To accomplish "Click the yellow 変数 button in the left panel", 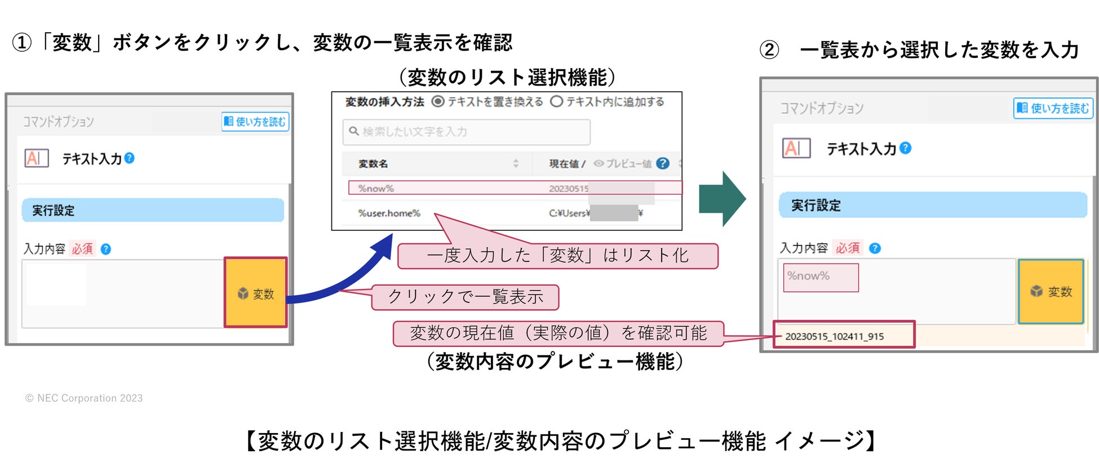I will [256, 293].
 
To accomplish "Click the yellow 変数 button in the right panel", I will [1051, 291].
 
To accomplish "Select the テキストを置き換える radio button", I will [438, 102].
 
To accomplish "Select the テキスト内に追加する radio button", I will [557, 102].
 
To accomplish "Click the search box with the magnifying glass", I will [466, 132].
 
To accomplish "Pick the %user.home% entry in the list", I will [389, 213].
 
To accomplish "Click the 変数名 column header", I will [374, 164].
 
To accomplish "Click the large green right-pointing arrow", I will [722, 199].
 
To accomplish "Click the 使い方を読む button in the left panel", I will [255, 122].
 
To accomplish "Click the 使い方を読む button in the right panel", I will [1053, 108].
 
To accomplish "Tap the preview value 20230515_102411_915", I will [835, 336].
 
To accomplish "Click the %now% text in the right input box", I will [809, 276].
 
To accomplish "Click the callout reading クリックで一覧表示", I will [466, 297].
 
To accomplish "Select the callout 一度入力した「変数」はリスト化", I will [557, 256].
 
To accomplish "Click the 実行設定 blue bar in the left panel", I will [153, 211].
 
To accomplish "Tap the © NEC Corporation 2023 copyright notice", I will [84, 398].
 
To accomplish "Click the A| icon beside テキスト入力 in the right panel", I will [796, 148].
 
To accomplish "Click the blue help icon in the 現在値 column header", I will [663, 163].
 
